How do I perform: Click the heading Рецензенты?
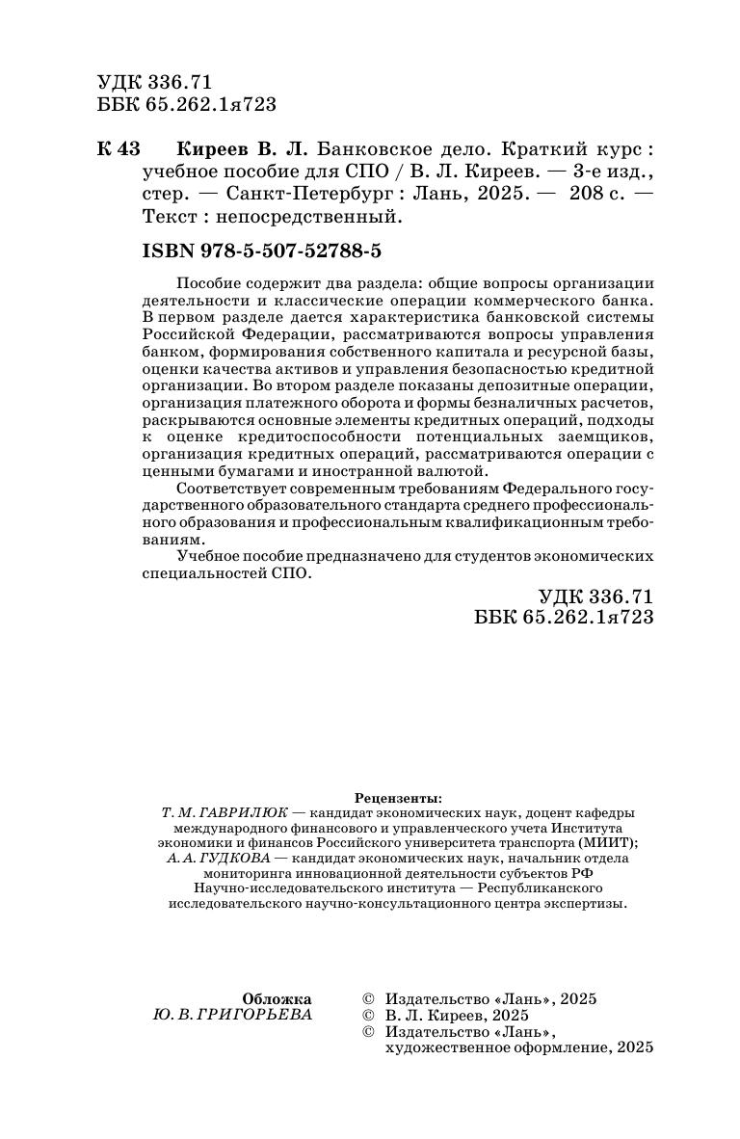pyautogui.click(x=398, y=798)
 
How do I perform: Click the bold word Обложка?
pyautogui.click(x=277, y=999)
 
